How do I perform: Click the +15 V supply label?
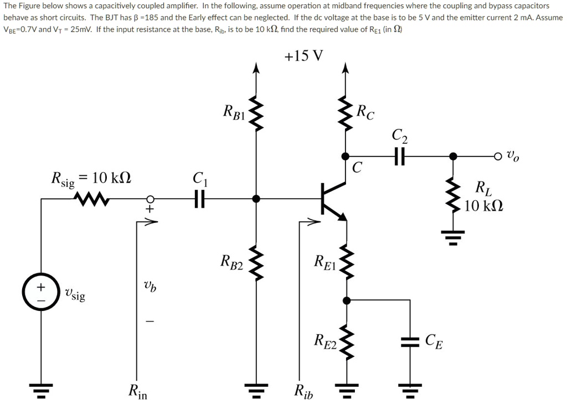303,56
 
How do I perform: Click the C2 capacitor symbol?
399,157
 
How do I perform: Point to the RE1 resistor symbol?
346,260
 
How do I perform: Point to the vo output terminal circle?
498,157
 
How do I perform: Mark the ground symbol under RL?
453,239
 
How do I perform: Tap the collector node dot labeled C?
346,157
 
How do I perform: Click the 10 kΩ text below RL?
484,207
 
